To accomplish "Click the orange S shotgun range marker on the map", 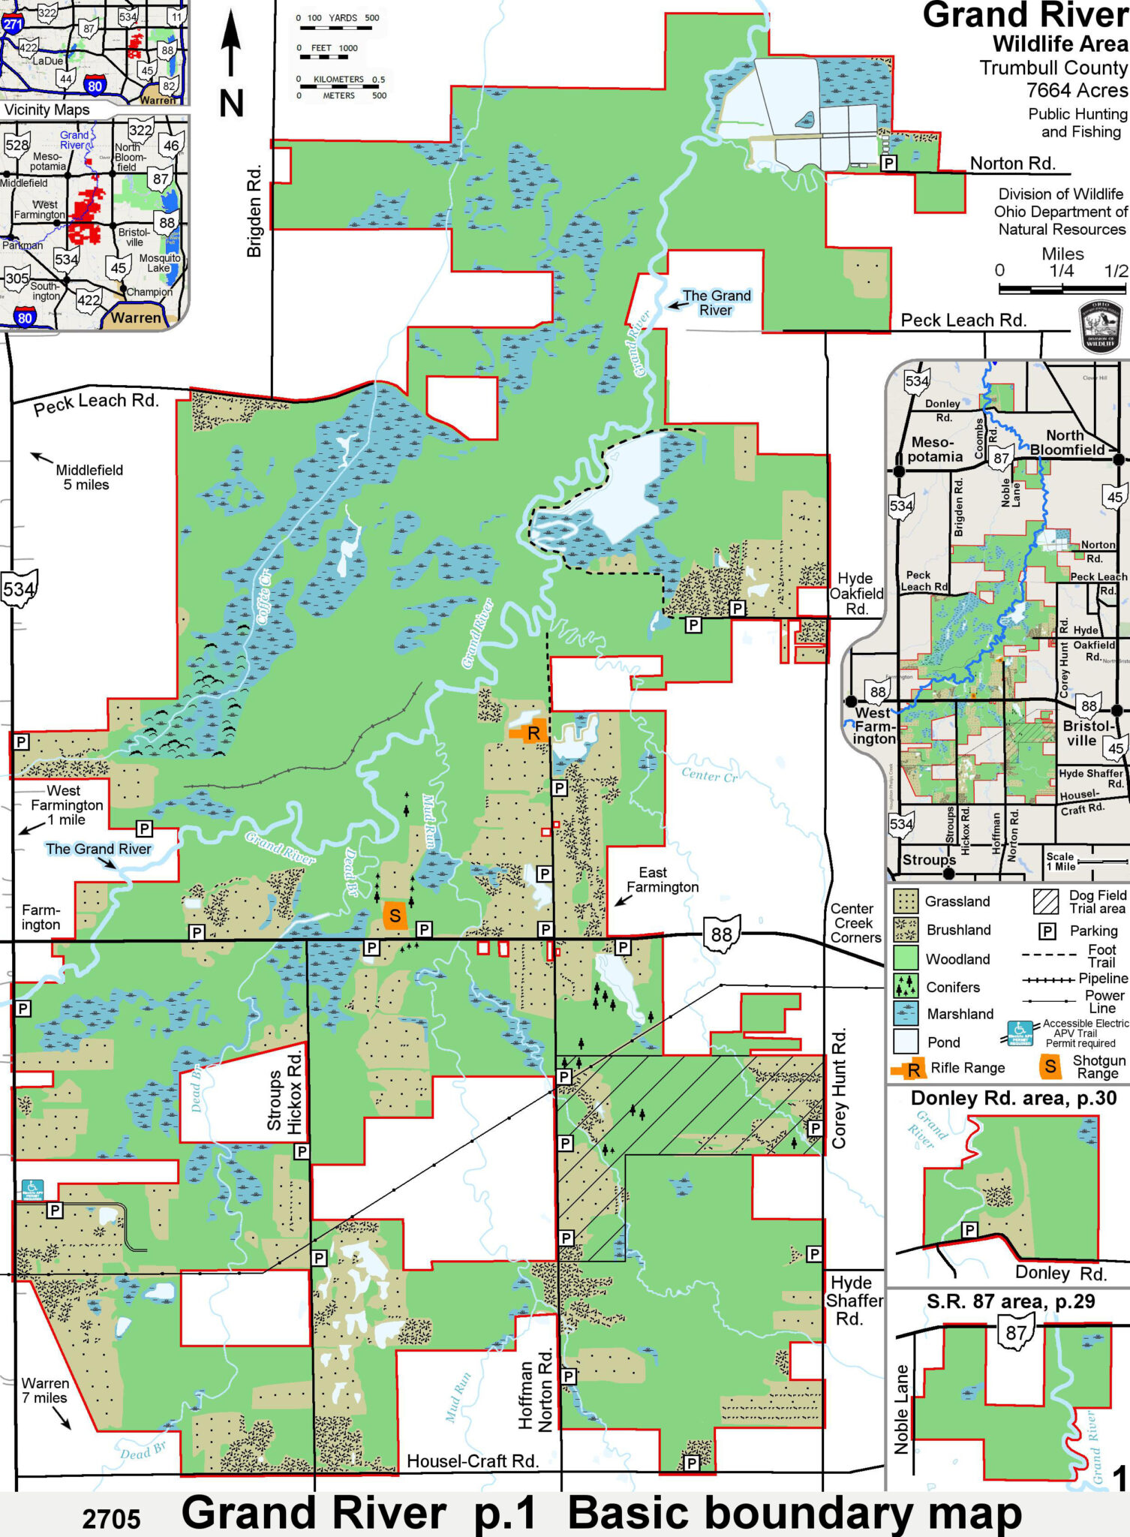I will (x=395, y=916).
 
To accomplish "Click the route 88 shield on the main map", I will (x=721, y=934).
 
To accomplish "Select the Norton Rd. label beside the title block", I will (x=1012, y=164).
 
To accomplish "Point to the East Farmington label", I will (x=662, y=880).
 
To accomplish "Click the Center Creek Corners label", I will (x=855, y=923).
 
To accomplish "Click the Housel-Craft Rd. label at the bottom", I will (x=473, y=1461).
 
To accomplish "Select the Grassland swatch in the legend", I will (x=906, y=901).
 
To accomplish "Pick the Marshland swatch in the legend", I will (x=906, y=1014).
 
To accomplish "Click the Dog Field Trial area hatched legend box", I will (x=1045, y=901).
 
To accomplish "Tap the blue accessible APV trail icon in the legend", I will (x=1020, y=1033).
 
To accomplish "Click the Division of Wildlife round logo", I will (x=1100, y=327).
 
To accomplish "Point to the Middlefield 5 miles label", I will (x=89, y=477).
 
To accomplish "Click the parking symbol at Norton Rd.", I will (x=888, y=163).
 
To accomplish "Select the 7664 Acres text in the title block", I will (x=1076, y=91).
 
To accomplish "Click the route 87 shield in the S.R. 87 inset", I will (x=1016, y=1333).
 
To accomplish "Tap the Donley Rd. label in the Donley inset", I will (x=1060, y=1274).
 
